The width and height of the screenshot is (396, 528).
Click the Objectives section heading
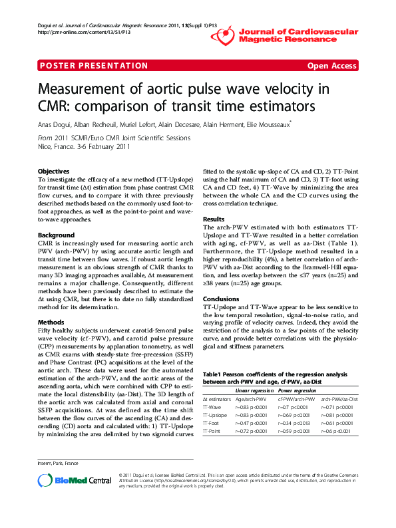[53, 171]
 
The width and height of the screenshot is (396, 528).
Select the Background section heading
[56, 235]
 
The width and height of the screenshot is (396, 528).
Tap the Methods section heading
[51, 321]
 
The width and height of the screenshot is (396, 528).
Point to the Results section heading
[213, 219]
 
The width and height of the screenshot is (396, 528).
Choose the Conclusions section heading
[220, 299]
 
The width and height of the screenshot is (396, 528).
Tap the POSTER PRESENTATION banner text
[83, 66]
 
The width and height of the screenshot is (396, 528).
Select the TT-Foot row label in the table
[212, 422]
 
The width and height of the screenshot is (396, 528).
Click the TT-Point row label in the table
[213, 431]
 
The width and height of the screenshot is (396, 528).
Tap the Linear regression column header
[254, 391]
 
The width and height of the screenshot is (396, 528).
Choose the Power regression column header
[296, 391]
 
